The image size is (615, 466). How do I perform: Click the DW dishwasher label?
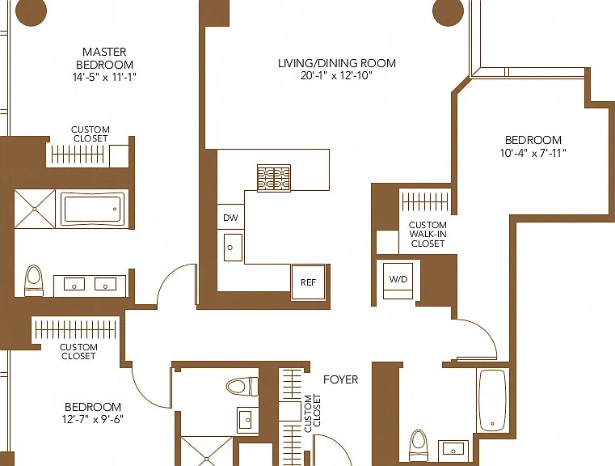[230, 218]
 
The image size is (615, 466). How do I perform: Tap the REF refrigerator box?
[308, 282]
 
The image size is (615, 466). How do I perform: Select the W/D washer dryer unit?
[398, 280]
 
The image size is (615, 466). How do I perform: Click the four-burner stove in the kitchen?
[274, 178]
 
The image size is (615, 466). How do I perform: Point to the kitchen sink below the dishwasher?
[233, 248]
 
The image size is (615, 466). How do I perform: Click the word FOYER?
[340, 379]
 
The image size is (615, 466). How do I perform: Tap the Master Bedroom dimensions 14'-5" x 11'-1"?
[104, 77]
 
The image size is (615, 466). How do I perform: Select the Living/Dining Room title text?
[337, 63]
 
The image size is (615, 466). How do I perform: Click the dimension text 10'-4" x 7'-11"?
[533, 153]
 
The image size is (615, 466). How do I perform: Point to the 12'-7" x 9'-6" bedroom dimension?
[93, 419]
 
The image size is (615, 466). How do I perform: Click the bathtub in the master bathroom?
[93, 209]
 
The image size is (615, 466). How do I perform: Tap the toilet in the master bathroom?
[34, 280]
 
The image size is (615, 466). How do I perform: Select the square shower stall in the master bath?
[35, 209]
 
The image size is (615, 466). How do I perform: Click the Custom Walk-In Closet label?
[428, 234]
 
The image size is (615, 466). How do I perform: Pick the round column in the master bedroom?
[31, 11]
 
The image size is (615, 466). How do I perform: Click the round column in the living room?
[449, 11]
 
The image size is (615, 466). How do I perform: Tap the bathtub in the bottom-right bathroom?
[492, 400]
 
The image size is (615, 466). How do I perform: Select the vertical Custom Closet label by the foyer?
[313, 413]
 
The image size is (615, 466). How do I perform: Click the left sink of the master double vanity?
[74, 284]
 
